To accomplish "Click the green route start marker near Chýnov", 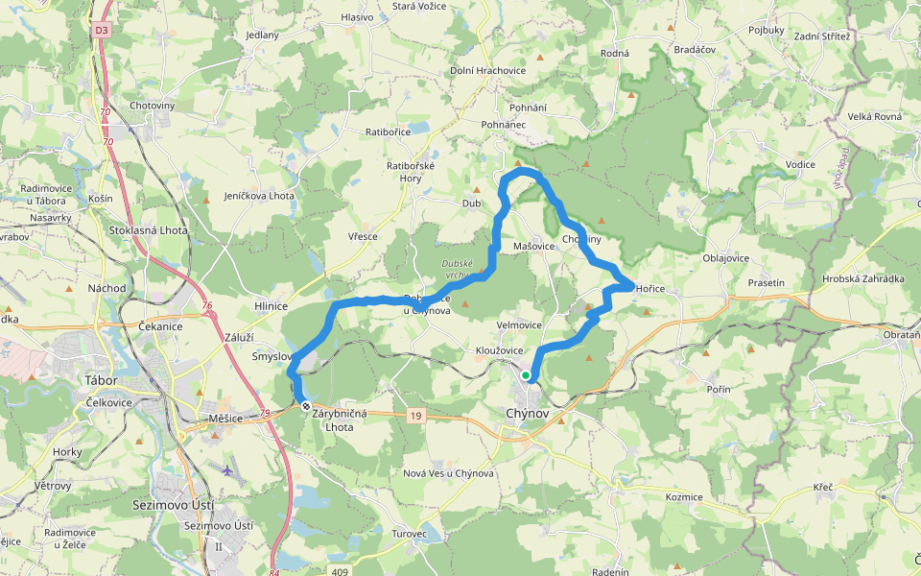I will pos(526,375).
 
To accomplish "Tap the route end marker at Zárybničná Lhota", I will pos(306,407).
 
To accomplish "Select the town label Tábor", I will pos(101,380).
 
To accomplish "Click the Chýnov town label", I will pos(526,413).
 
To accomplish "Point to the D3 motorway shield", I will pos(102,31).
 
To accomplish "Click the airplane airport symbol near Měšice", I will pos(227,470).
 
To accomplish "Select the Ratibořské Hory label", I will pos(411,172).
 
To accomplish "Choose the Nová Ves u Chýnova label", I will pos(448,473).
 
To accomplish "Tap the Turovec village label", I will pos(415,532).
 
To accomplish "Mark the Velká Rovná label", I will pos(874,117).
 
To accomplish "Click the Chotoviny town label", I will pos(152,106).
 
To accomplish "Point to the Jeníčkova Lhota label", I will pos(259,196).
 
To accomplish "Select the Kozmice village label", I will pos(684,496).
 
